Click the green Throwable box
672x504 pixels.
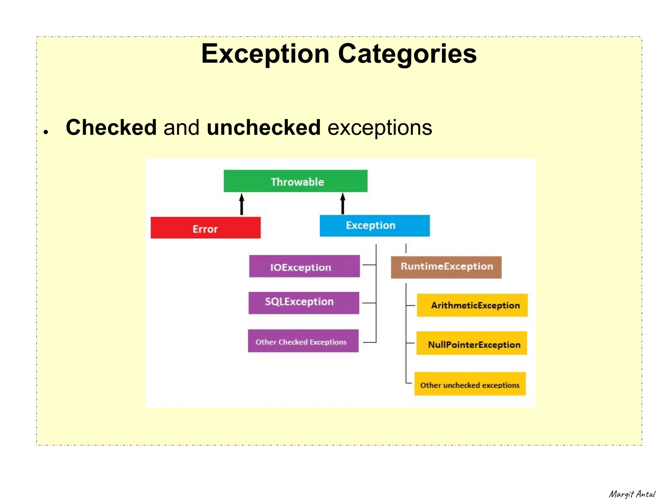tap(295, 181)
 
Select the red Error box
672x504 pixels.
tap(205, 228)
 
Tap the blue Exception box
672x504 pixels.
tap(374, 226)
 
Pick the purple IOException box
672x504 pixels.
tap(304, 266)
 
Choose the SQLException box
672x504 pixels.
tap(304, 303)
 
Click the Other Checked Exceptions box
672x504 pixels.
tap(303, 341)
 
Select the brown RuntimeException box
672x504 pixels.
tap(446, 267)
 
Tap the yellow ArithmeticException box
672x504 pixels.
tap(472, 305)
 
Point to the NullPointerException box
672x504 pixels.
tap(472, 343)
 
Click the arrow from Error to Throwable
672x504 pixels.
tap(241, 204)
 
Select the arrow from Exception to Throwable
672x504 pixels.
tap(343, 204)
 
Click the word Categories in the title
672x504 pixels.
tap(407, 54)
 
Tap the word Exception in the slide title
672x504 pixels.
tap(265, 54)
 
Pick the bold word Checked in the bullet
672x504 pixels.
tap(111, 127)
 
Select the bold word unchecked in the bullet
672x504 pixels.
tap(263, 127)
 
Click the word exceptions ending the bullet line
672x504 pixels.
tap(380, 127)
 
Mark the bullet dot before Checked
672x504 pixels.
tap(46, 132)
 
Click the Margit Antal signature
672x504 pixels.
tap(632, 494)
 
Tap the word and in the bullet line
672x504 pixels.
tap(181, 127)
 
